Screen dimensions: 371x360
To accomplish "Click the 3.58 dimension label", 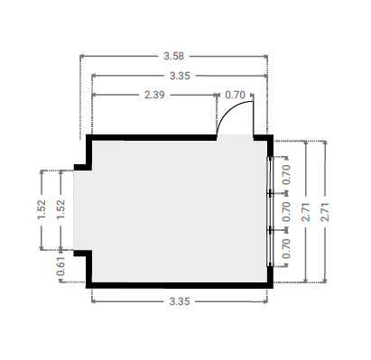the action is (x=173, y=56).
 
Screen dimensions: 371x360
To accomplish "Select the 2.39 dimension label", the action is (x=154, y=95).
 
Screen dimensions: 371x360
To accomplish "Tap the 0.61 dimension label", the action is (x=60, y=266).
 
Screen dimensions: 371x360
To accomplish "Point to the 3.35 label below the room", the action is (x=180, y=301).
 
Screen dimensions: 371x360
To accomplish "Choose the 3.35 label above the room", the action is (x=180, y=76).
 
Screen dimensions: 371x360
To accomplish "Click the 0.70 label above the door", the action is (x=235, y=95).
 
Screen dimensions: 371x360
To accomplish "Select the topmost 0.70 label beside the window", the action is (x=286, y=175).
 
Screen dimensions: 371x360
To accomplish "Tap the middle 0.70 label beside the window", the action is (x=286, y=211).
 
